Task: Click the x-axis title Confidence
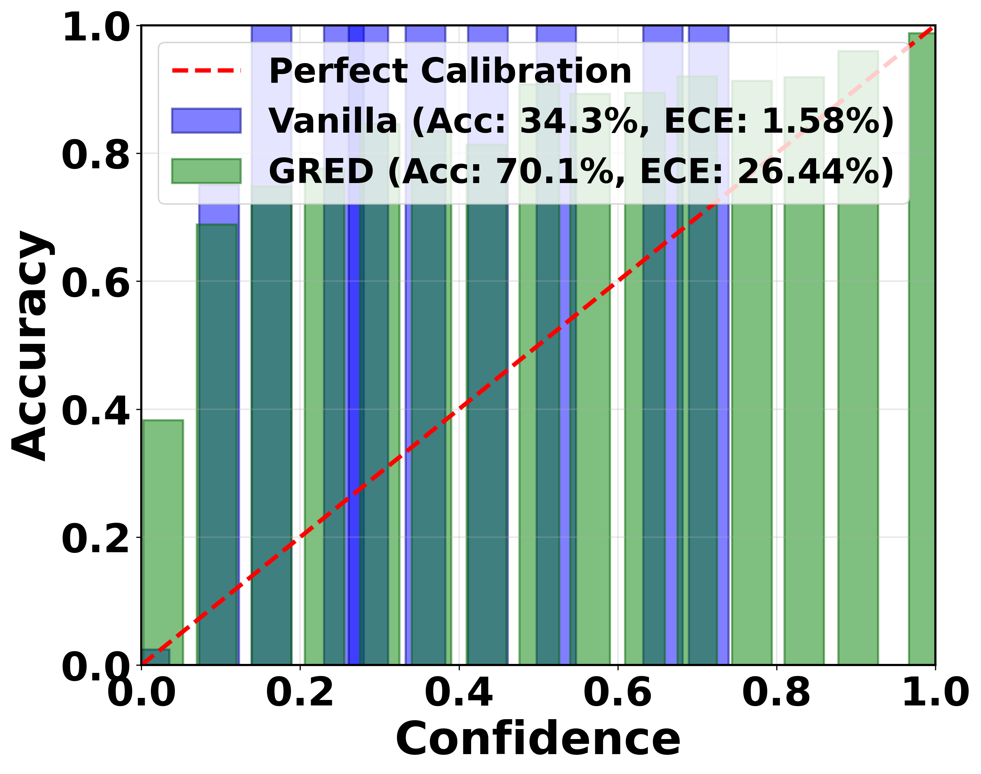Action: pyautogui.click(x=538, y=739)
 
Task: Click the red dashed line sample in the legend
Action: pyautogui.click(x=206, y=71)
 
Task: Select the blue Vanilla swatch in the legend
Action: pyautogui.click(x=206, y=121)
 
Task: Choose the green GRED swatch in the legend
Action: pyautogui.click(x=206, y=171)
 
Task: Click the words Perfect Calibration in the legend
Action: pyautogui.click(x=450, y=71)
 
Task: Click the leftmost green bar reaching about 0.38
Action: pyautogui.click(x=163, y=544)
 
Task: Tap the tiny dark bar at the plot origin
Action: pyautogui.click(x=155, y=657)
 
